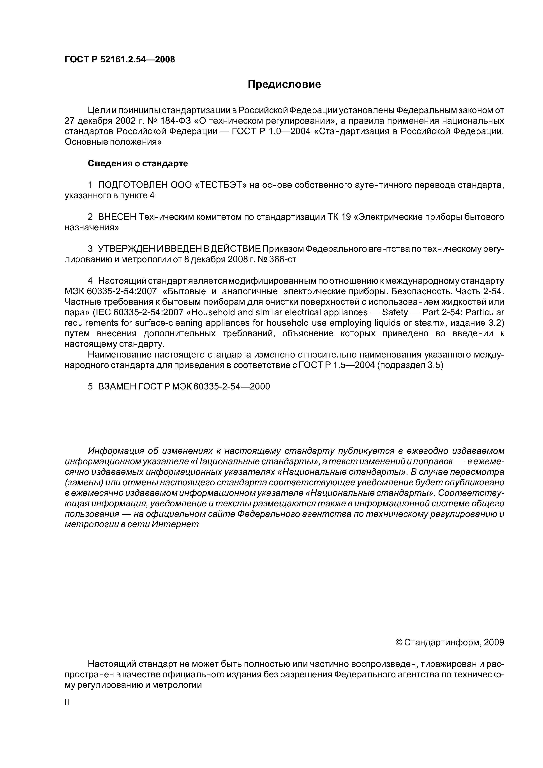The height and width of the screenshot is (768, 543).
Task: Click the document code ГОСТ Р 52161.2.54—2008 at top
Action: [120, 60]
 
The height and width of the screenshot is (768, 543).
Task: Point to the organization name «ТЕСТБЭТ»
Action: [220, 185]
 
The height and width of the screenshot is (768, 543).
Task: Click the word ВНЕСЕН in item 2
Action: [117, 217]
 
